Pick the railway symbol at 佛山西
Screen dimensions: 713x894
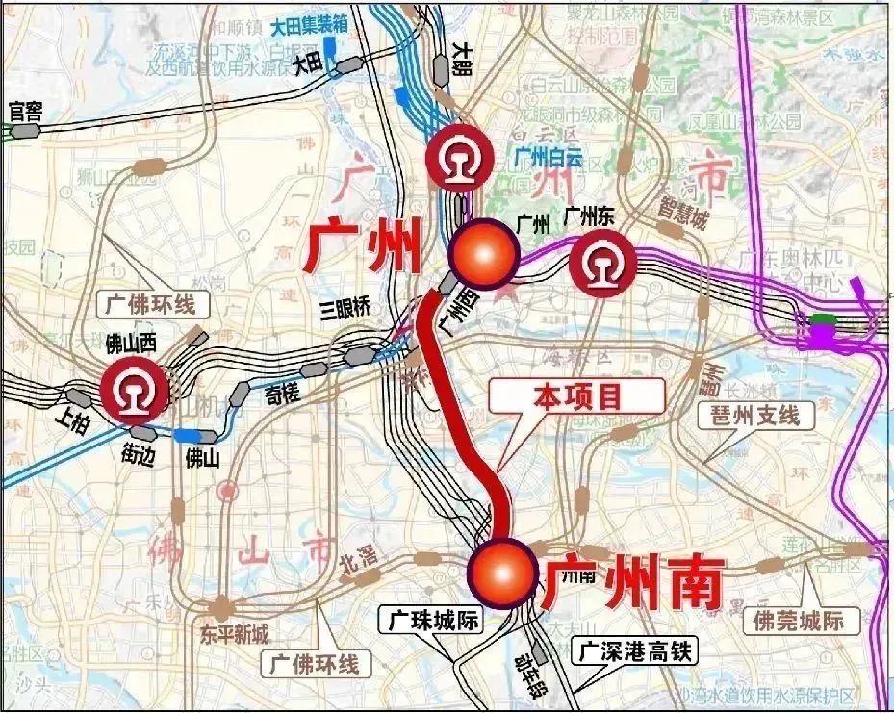click(135, 390)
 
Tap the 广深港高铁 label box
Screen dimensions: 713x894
click(634, 651)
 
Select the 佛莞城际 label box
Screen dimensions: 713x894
click(799, 621)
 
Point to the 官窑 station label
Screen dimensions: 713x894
click(25, 112)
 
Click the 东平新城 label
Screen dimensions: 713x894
click(235, 634)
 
